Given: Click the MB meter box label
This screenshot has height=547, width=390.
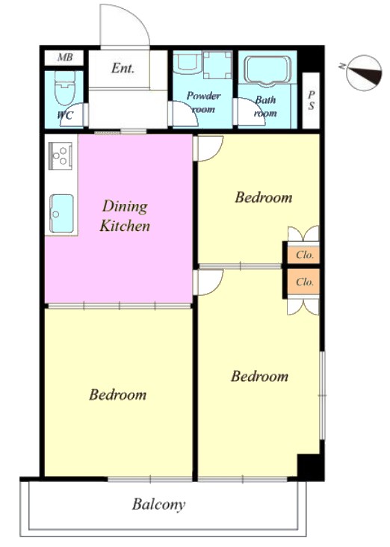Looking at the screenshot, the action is click(65, 58).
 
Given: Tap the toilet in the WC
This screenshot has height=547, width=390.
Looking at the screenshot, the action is click(64, 88).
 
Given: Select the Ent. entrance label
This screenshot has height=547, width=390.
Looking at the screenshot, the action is click(123, 68).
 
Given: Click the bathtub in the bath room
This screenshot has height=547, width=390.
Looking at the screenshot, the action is click(267, 69).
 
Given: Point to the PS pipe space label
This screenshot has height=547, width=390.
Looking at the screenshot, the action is click(311, 100).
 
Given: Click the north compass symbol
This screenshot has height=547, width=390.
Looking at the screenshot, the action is click(363, 72).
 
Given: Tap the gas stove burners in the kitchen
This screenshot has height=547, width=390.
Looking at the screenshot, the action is click(61, 155).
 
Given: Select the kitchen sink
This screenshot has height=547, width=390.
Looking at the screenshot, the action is click(62, 213).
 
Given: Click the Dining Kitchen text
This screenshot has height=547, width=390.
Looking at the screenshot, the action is click(125, 216).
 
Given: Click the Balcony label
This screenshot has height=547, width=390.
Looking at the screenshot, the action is click(158, 504).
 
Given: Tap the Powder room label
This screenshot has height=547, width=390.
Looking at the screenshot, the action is click(204, 102).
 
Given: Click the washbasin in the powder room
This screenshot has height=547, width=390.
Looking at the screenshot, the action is click(188, 62).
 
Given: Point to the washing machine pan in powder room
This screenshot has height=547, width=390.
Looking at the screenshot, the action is click(217, 65).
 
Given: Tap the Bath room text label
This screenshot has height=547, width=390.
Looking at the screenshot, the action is click(265, 106).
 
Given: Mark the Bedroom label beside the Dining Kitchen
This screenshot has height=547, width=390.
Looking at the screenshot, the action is click(264, 197).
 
